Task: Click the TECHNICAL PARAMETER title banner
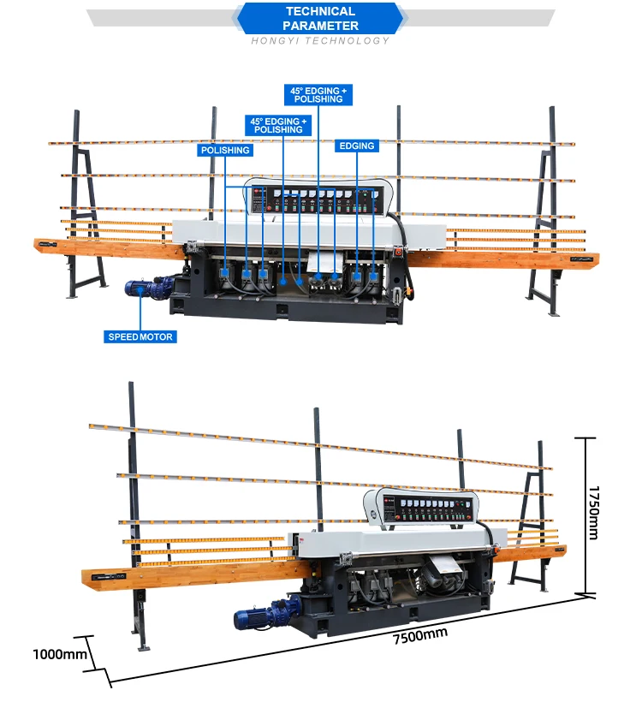coord(320,18)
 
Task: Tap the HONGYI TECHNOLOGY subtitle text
coord(320,41)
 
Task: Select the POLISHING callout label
coord(225,150)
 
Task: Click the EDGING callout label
coord(357,146)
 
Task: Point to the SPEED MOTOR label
coord(140,336)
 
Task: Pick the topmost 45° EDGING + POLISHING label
coord(318,94)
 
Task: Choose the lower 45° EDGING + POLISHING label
coord(279,126)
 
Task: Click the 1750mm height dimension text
coord(593,513)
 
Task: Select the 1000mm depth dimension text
coord(60,655)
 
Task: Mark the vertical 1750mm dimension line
coord(585,514)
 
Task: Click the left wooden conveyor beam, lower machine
coord(188,574)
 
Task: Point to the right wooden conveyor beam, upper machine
coord(505,259)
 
